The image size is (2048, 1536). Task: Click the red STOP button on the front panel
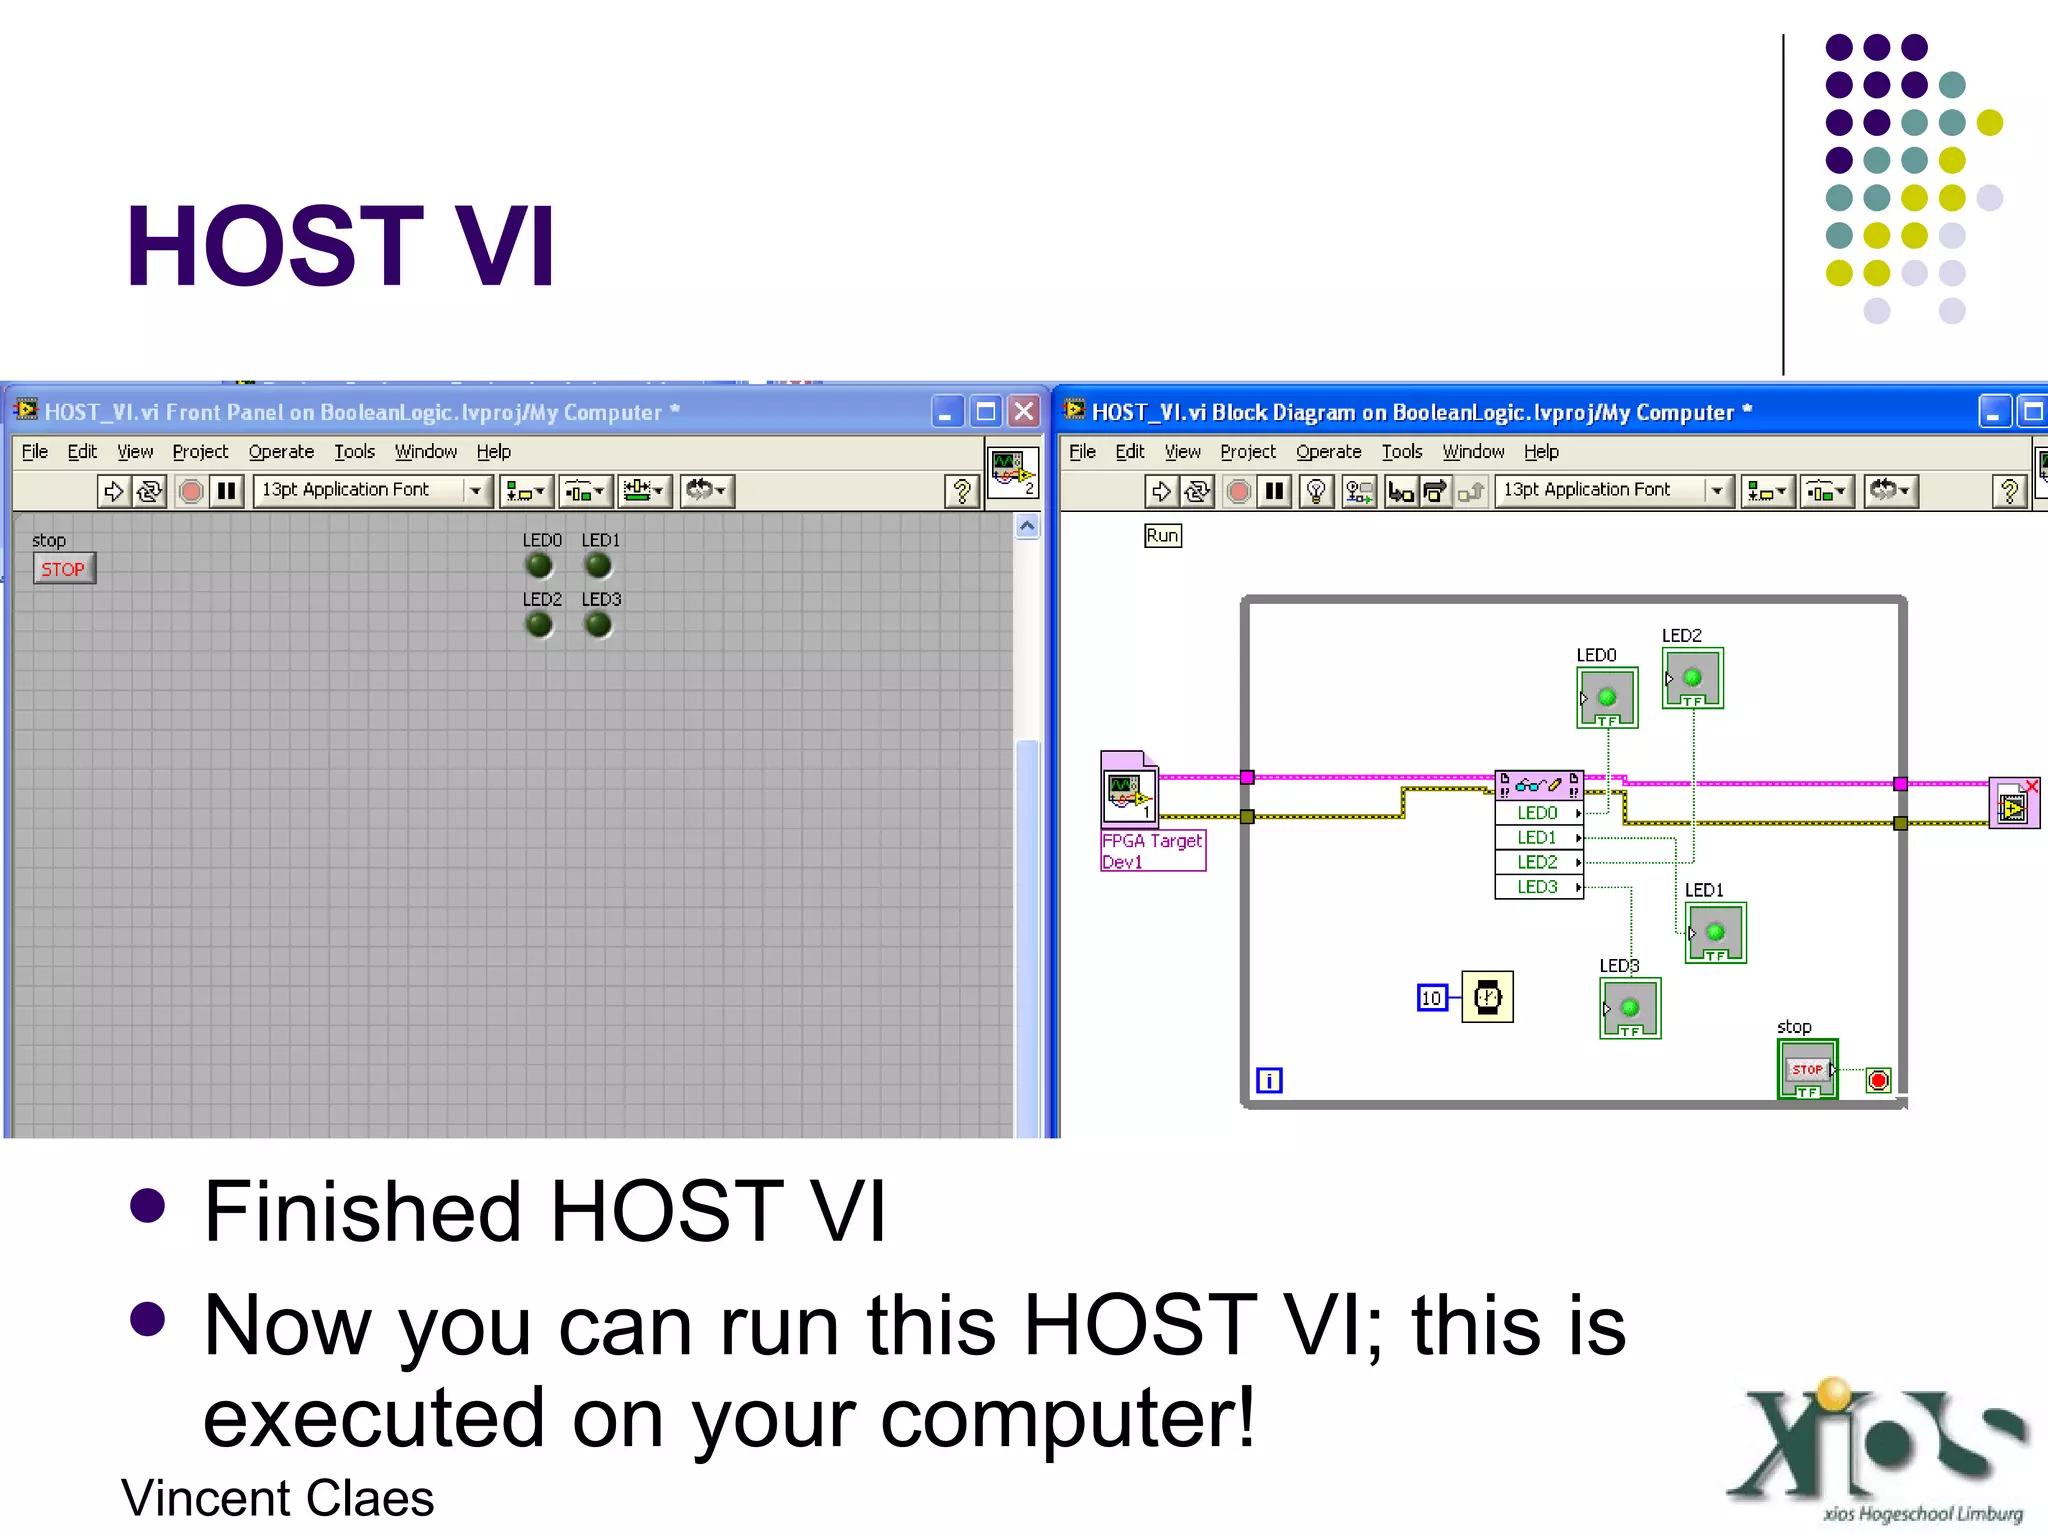(63, 569)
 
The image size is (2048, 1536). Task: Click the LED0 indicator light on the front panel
(539, 566)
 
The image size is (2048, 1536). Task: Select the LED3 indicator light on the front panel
(598, 625)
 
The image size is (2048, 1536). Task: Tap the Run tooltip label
(1162, 536)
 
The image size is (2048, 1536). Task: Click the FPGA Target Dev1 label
(1152, 851)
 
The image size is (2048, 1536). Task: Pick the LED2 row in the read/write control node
(1538, 862)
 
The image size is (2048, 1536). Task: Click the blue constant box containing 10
(1432, 998)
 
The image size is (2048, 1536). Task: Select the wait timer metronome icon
(1487, 997)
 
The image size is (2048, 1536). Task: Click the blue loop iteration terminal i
(1269, 1080)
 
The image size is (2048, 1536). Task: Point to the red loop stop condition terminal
(1878, 1080)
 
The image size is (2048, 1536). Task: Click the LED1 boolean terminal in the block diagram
(1715, 933)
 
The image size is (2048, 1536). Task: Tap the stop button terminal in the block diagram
(1807, 1070)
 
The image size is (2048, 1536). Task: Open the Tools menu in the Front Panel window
(354, 452)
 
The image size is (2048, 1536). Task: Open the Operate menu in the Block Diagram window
(1328, 452)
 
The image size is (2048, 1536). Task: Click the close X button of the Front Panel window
(1024, 412)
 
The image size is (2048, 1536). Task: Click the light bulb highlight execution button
(1316, 491)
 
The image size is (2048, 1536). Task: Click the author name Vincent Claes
(278, 1498)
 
